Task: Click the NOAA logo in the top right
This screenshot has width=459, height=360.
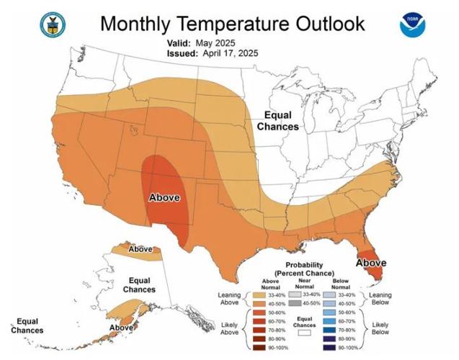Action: (413, 24)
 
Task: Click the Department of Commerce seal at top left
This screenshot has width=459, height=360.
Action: (53, 24)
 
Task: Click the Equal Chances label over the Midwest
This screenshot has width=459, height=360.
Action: (280, 121)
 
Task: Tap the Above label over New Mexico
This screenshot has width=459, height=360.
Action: (164, 197)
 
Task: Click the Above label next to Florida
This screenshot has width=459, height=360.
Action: (371, 263)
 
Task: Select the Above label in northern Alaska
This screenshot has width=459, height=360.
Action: (141, 249)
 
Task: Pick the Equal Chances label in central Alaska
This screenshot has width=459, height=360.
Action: (138, 284)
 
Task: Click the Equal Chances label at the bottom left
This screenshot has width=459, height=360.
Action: (27, 326)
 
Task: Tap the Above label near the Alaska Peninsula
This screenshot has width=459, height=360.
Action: (121, 328)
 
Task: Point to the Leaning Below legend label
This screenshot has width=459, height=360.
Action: (380, 300)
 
